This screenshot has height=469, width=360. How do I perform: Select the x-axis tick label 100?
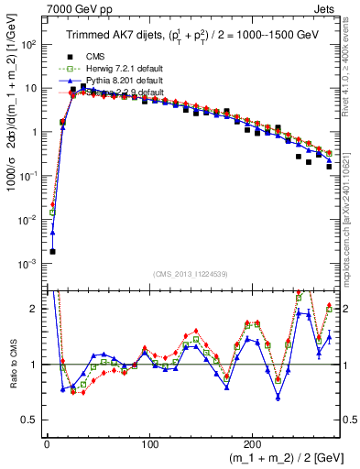tap(150, 443)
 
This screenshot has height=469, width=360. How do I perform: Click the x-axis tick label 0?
tap(47, 443)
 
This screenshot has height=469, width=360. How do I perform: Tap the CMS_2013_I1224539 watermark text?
tap(191, 274)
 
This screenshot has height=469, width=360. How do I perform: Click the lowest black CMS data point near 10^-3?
tap(52, 251)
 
